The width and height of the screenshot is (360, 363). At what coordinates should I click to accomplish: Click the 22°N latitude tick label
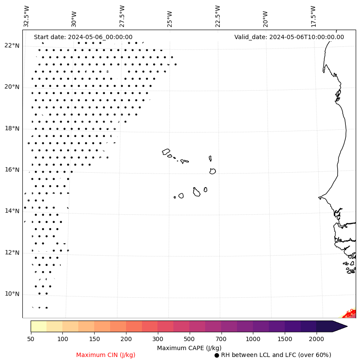[12, 46]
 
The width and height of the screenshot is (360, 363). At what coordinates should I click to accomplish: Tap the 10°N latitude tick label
[12, 294]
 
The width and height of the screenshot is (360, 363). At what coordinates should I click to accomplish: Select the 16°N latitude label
[12, 170]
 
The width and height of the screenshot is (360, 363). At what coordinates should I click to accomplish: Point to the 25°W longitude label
[170, 16]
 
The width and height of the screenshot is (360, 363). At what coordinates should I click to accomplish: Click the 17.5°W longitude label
[313, 16]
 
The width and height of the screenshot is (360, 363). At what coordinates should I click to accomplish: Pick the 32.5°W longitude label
[27, 16]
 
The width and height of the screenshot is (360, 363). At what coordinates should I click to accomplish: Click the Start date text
[83, 37]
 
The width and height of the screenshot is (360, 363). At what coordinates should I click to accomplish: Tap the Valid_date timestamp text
[289, 37]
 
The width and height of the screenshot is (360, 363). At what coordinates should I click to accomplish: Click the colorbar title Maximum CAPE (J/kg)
[189, 348]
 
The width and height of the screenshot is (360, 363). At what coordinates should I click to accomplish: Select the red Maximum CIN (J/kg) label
[106, 355]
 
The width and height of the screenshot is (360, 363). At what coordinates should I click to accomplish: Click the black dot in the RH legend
[217, 355]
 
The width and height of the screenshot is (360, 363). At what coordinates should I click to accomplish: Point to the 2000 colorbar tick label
[316, 339]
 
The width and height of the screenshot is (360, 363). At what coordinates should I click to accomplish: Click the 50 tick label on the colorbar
[31, 339]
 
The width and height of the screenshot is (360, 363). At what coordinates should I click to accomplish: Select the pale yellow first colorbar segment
[38, 326]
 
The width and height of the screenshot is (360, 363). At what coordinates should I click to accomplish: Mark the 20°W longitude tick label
[265, 16]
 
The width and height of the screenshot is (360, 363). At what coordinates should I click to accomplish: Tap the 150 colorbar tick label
[78, 339]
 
